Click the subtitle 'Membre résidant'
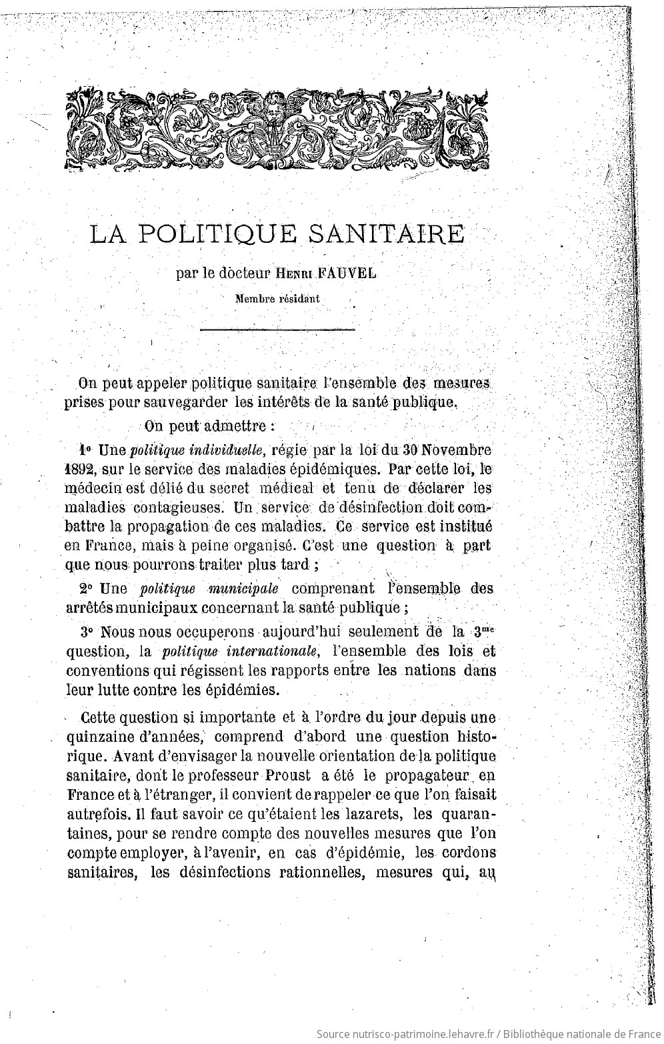(277, 299)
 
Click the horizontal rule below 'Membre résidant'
(277, 328)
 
